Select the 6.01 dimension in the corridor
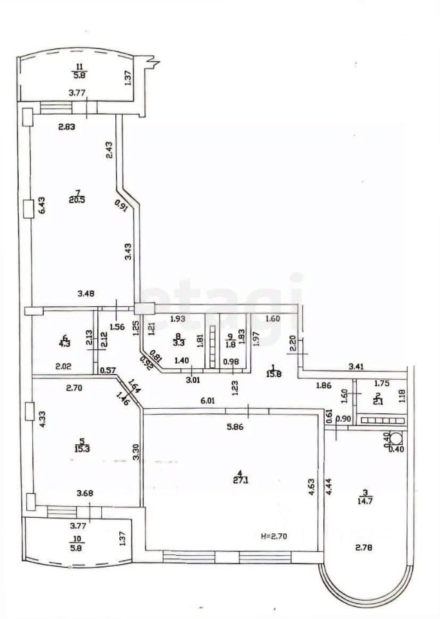click(x=208, y=401)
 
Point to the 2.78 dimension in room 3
click(x=365, y=549)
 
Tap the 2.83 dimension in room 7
click(x=67, y=126)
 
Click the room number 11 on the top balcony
click(x=79, y=67)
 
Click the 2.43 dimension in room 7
click(x=110, y=150)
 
